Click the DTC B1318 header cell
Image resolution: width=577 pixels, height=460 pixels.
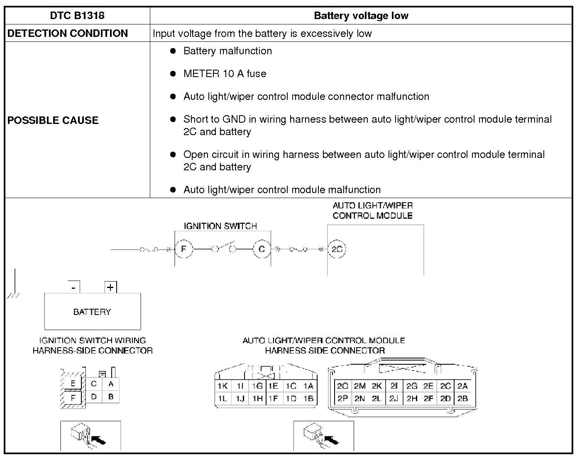(77, 16)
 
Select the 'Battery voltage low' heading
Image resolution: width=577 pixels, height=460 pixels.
(361, 16)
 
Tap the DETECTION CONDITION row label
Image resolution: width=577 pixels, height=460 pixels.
(68, 34)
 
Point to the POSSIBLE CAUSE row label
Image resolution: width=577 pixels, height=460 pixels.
(53, 120)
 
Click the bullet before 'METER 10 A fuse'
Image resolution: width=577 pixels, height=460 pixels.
(173, 74)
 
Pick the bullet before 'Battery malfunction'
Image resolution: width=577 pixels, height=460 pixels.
(173, 51)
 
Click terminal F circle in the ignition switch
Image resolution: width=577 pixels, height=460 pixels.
(183, 249)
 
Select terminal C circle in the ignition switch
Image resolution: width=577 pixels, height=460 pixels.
(262, 249)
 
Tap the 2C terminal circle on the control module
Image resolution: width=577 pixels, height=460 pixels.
(337, 249)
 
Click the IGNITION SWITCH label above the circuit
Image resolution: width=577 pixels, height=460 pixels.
(220, 226)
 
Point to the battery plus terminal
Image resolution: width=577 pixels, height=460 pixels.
(110, 287)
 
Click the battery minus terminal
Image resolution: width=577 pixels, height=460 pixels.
(73, 287)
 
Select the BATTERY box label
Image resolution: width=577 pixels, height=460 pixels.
(92, 312)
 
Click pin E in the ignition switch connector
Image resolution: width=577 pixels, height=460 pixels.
(73, 384)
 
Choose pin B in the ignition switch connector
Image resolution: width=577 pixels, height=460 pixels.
(111, 397)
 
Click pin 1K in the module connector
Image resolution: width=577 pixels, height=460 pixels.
(222, 386)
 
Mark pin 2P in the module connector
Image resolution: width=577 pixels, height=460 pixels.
(343, 398)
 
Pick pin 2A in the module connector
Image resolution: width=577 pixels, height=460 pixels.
(462, 386)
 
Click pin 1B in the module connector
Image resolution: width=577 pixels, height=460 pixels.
(308, 399)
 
